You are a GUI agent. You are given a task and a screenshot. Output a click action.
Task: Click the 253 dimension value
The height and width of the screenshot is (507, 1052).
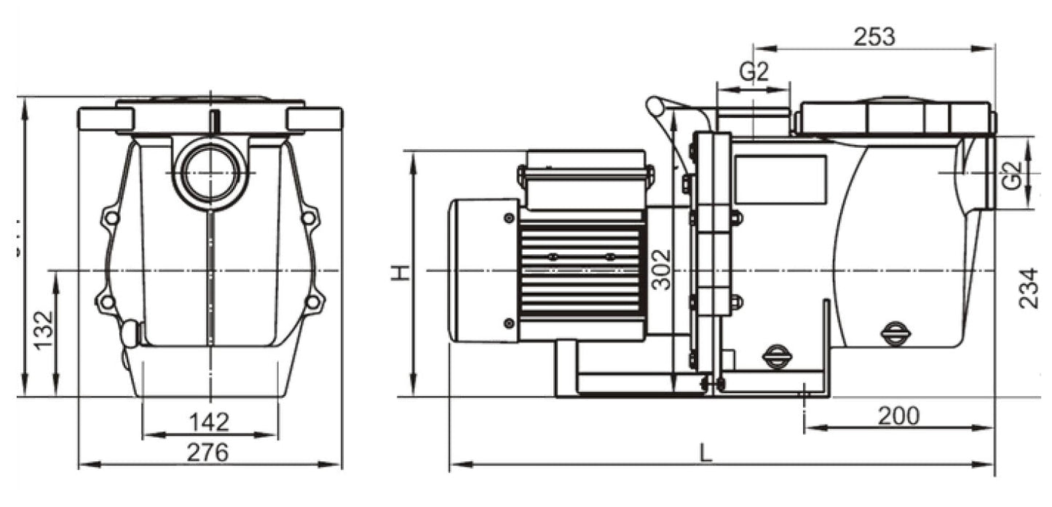tap(874, 36)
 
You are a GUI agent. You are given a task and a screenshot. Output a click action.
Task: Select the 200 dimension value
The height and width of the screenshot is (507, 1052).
tap(898, 416)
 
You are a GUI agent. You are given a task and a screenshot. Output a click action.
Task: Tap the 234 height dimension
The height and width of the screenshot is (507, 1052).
tap(1027, 288)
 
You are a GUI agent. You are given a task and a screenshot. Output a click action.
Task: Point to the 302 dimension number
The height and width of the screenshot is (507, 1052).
tap(660, 270)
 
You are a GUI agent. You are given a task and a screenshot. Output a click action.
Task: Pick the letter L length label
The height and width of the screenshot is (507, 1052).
tap(705, 453)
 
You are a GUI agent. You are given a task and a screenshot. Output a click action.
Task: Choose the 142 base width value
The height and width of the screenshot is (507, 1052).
tap(209, 422)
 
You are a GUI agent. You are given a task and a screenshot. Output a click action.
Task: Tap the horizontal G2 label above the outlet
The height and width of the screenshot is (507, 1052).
tap(754, 72)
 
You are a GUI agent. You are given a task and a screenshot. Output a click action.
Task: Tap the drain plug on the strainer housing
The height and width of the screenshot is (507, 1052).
tap(895, 334)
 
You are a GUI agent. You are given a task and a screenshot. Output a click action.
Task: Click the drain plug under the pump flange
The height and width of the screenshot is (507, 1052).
tap(775, 356)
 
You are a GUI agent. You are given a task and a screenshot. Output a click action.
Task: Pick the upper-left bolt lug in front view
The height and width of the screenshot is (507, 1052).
tap(111, 217)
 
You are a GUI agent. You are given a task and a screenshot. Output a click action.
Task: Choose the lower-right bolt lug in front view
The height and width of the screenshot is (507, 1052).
tap(312, 301)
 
